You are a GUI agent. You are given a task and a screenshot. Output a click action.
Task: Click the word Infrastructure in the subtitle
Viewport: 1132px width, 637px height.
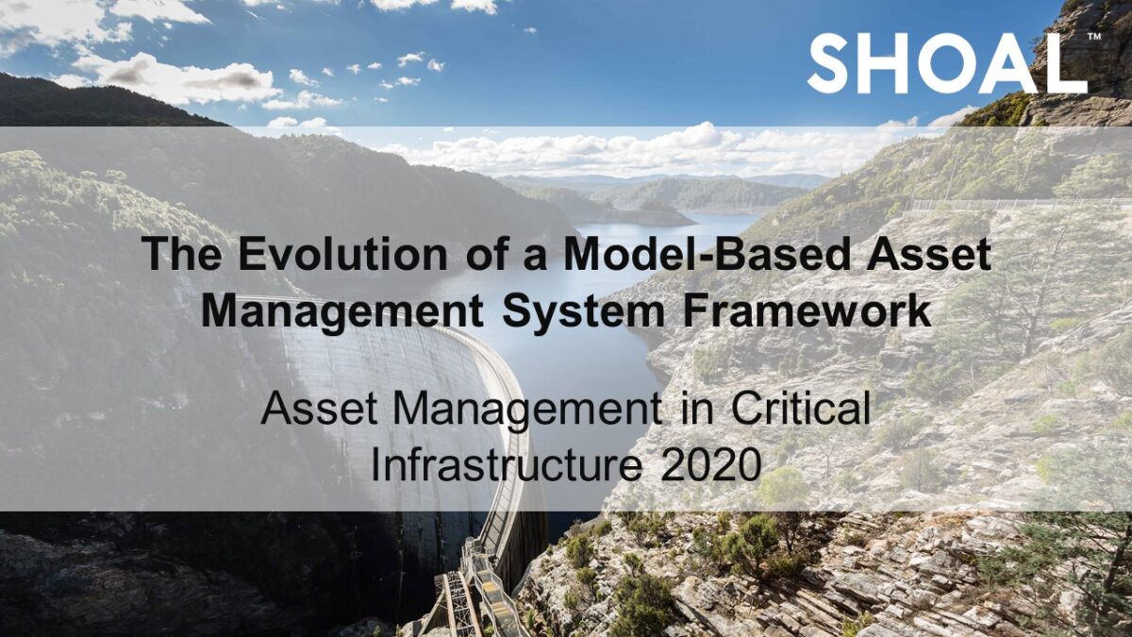509,464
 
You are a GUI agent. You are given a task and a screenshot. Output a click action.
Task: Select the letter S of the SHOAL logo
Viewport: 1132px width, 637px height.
830,64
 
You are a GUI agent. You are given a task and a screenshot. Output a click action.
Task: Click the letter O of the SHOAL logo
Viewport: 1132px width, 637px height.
952,64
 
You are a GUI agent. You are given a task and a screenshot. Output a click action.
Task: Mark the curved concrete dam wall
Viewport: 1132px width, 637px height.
396,396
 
